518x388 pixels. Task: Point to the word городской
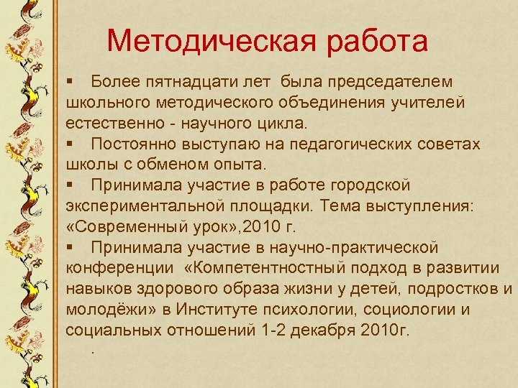(365, 185)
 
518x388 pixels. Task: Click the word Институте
(245, 310)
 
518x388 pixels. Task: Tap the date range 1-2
(276, 331)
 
